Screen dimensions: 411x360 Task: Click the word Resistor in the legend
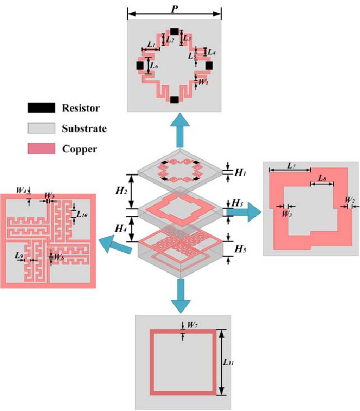coord(81,108)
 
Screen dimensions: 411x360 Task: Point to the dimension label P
coord(175,7)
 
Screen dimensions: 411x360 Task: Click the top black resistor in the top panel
coord(174,32)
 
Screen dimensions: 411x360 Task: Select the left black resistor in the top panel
coord(140,65)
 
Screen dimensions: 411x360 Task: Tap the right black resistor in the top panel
coord(209,65)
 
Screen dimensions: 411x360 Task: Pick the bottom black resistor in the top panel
coord(174,100)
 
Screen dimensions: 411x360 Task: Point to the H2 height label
coord(120,191)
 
